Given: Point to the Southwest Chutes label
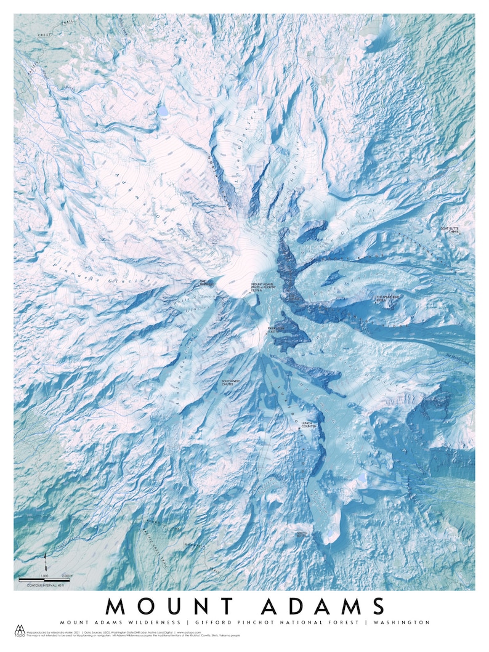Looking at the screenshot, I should pos(233,383).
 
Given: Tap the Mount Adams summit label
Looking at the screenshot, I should pos(261,288).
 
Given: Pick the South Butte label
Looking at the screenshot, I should pos(302,534).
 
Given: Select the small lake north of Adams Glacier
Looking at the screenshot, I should pos(163,111).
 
